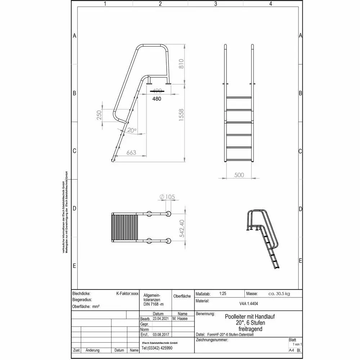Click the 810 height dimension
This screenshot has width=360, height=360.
181,63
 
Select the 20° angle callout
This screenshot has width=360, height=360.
132,130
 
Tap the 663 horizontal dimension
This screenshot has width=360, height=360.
131,153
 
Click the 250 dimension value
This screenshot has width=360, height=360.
99,115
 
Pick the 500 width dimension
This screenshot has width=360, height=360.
239,175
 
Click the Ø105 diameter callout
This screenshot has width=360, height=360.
167,197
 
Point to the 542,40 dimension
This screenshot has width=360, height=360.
182,228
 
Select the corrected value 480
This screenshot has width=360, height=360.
157,98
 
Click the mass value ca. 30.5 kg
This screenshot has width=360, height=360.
279,294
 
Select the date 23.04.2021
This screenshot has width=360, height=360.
161,319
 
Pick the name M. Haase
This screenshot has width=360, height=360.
180,319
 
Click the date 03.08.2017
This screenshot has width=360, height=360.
161,334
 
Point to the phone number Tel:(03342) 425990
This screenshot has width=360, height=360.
157,348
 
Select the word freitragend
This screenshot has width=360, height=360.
250,329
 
